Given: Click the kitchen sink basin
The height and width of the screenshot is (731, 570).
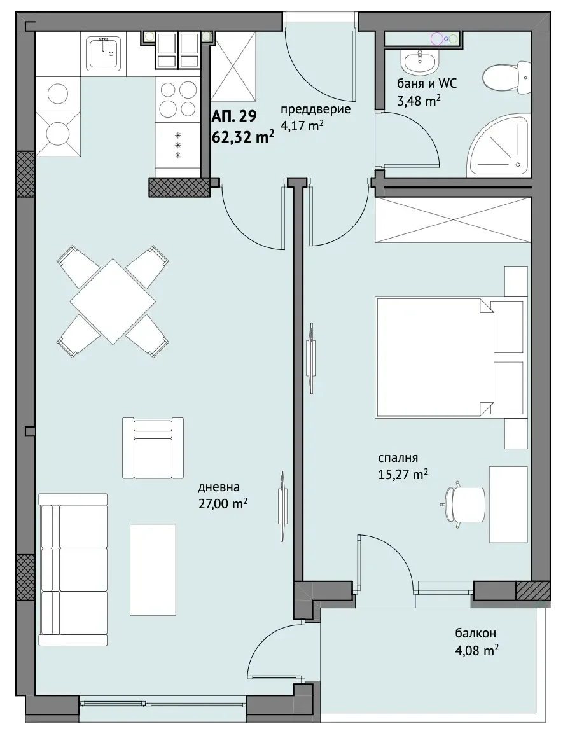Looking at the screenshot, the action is pos(106,53).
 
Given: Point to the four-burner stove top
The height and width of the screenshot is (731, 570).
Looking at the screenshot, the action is pos(178,99).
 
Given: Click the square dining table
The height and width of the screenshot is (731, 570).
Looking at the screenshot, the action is pos(113,301).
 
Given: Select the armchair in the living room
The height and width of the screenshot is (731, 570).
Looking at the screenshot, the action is pos(153,447).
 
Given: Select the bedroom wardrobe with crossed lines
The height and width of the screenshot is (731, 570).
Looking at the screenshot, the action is pos(453,219).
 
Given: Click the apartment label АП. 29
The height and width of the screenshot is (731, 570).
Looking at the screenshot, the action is pos(235,115).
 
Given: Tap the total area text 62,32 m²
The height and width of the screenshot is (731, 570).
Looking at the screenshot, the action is pos(243,137).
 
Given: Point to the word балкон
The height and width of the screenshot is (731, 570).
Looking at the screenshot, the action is pos(475,633).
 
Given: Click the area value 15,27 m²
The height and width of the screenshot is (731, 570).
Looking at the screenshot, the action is pos(403,474).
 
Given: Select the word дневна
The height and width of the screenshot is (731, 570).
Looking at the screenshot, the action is pos(219,487).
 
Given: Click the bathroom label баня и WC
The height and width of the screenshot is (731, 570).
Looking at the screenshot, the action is pos(427,83).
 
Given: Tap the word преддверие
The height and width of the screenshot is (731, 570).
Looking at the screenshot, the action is pos(315,110).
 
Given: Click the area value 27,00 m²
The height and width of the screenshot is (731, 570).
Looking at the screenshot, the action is pos(222,503).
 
